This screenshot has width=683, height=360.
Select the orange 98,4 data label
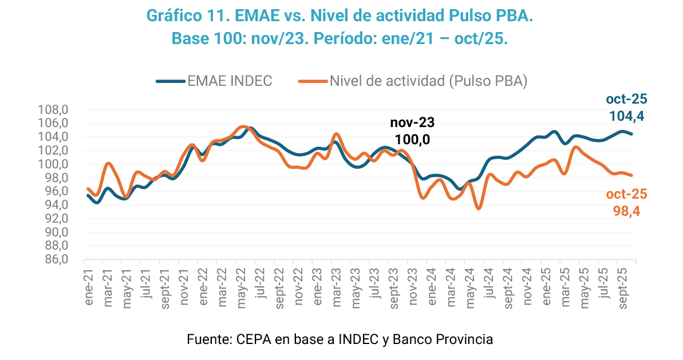click(626, 211)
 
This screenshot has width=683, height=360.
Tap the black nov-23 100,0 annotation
click(412, 131)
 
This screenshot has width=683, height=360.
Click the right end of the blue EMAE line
click(631, 134)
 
